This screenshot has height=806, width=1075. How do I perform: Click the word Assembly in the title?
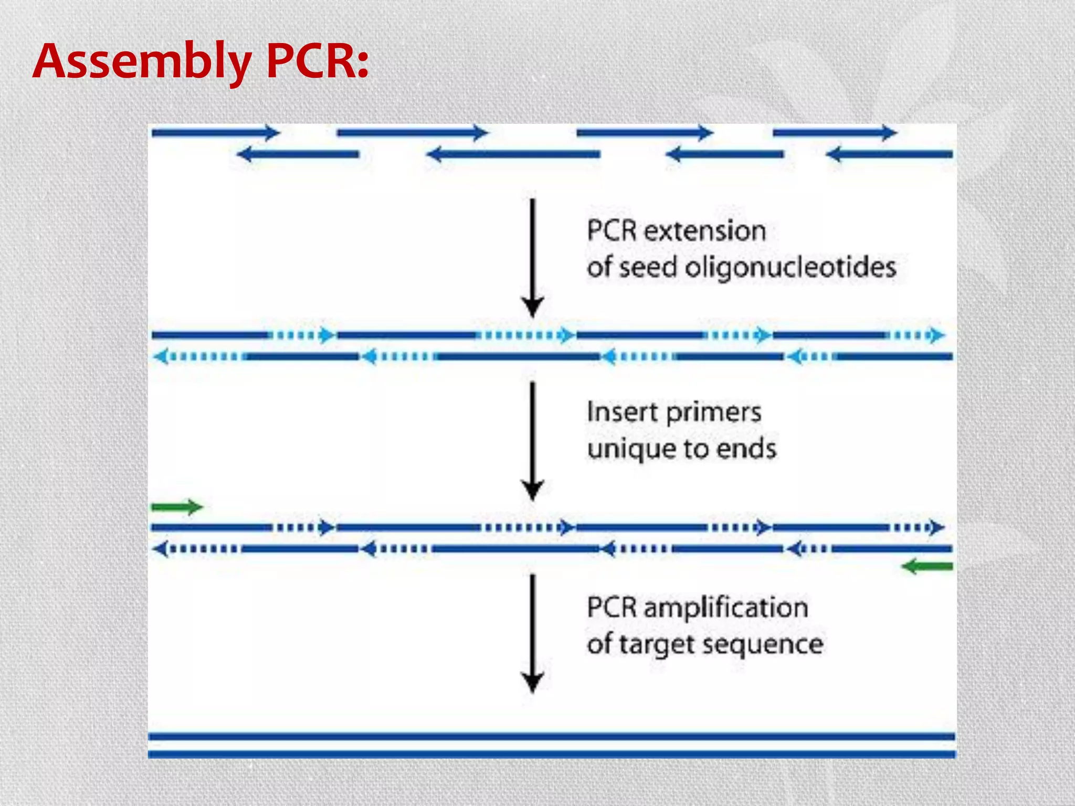[142, 62]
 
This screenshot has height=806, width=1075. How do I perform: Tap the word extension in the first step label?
[705, 231]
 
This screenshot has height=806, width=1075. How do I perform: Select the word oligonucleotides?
[791, 267]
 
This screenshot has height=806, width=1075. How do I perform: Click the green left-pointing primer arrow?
[927, 567]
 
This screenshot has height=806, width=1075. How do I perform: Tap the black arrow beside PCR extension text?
[532, 257]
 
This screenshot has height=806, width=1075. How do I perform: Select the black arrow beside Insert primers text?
[532, 441]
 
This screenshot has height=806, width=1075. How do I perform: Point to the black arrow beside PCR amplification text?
[532, 632]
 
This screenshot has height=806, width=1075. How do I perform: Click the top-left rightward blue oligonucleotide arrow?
[215, 133]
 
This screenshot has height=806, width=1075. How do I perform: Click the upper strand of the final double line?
[551, 737]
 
